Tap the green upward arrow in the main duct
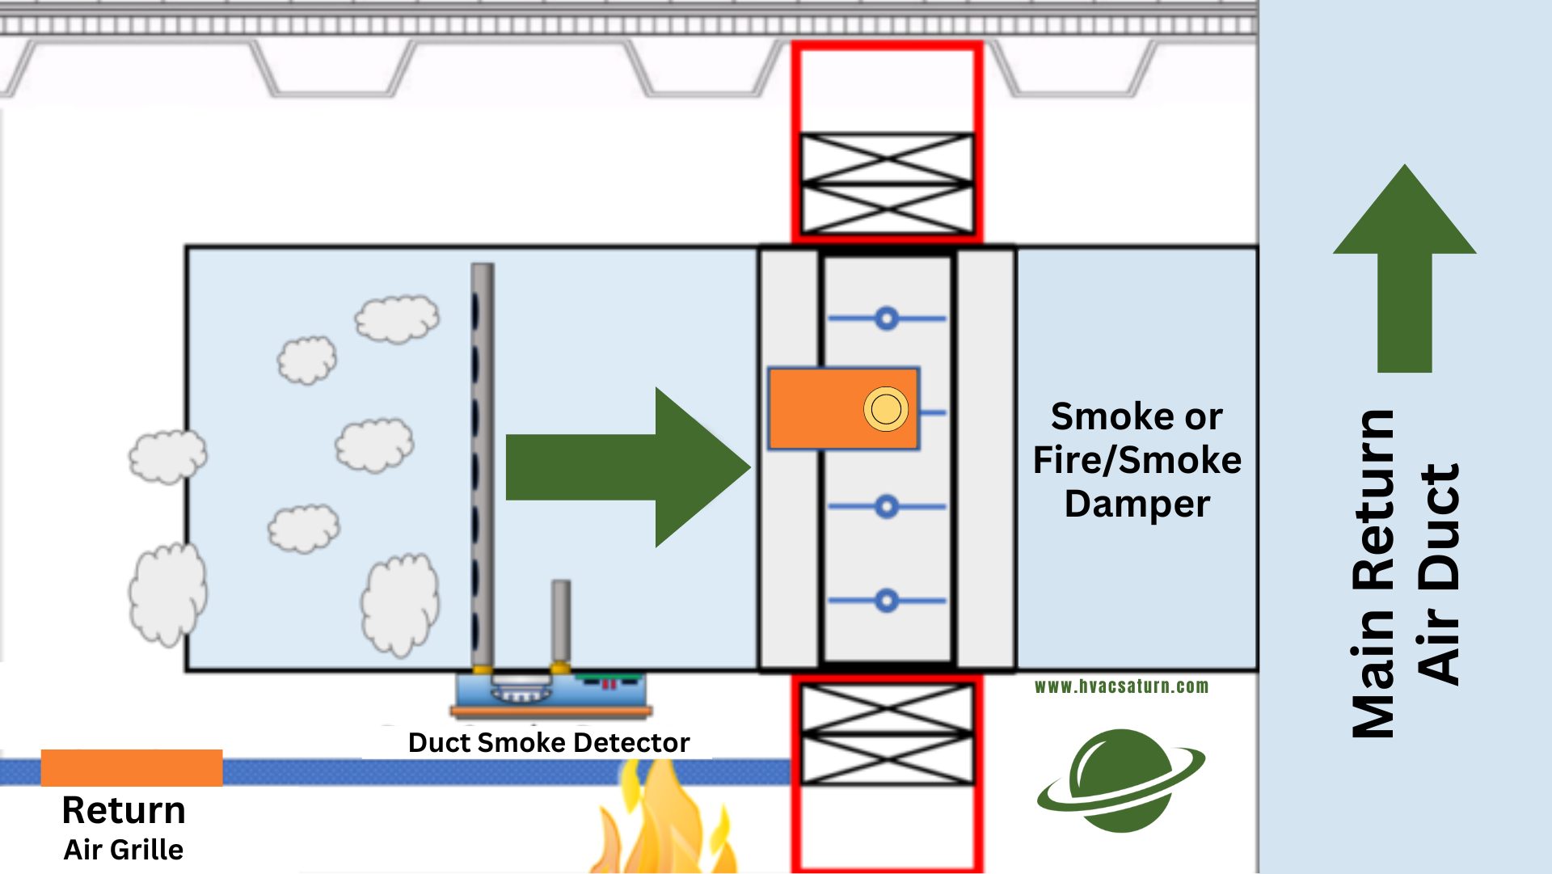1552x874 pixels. click(x=1404, y=267)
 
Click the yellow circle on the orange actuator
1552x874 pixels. click(x=886, y=409)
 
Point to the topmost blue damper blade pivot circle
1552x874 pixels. click(x=887, y=319)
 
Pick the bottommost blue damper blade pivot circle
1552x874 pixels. click(x=887, y=601)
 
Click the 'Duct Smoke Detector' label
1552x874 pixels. click(x=549, y=742)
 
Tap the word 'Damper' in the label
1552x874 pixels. click(x=1137, y=504)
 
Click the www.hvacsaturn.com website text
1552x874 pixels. click(x=1121, y=686)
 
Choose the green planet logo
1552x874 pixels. click(x=1120, y=780)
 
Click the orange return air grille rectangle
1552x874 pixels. click(x=132, y=767)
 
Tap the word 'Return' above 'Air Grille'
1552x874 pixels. click(x=124, y=810)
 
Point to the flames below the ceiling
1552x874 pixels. click(x=663, y=825)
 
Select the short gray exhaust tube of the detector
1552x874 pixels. click(x=561, y=623)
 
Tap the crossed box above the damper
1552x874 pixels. click(x=887, y=184)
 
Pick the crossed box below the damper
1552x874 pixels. click(x=887, y=734)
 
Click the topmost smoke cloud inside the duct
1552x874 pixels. click(x=397, y=319)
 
